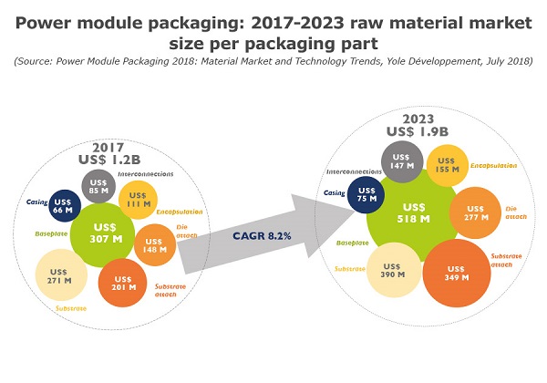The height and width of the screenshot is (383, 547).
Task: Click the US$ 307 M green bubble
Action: click(102, 233)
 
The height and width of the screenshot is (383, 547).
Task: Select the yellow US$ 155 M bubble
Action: click(448, 165)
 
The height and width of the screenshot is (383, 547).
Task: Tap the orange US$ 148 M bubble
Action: click(153, 243)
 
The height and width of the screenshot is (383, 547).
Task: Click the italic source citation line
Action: click(273, 60)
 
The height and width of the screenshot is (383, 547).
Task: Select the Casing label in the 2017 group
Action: click(34, 201)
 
